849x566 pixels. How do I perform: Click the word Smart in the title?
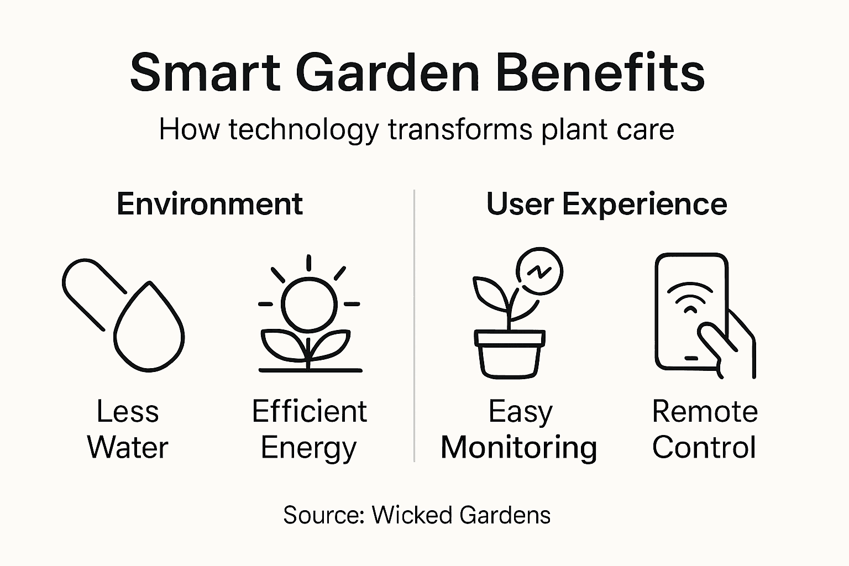(205, 73)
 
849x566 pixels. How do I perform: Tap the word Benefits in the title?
(600, 73)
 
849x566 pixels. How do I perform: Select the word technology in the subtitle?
(303, 130)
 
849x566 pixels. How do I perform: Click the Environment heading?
(209, 204)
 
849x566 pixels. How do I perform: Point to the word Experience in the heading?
(644, 205)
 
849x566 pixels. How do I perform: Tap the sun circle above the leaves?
(308, 302)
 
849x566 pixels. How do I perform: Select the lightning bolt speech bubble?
(539, 271)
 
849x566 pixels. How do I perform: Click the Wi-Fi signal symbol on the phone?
(690, 298)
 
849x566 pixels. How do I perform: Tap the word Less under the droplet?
(128, 412)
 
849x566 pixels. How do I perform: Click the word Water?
(128, 447)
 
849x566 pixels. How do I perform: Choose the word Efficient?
(309, 412)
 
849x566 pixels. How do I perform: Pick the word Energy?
(308, 448)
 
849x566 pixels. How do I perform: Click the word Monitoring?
(518, 448)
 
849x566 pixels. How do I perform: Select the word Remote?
(705, 412)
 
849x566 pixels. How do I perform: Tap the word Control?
(704, 447)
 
